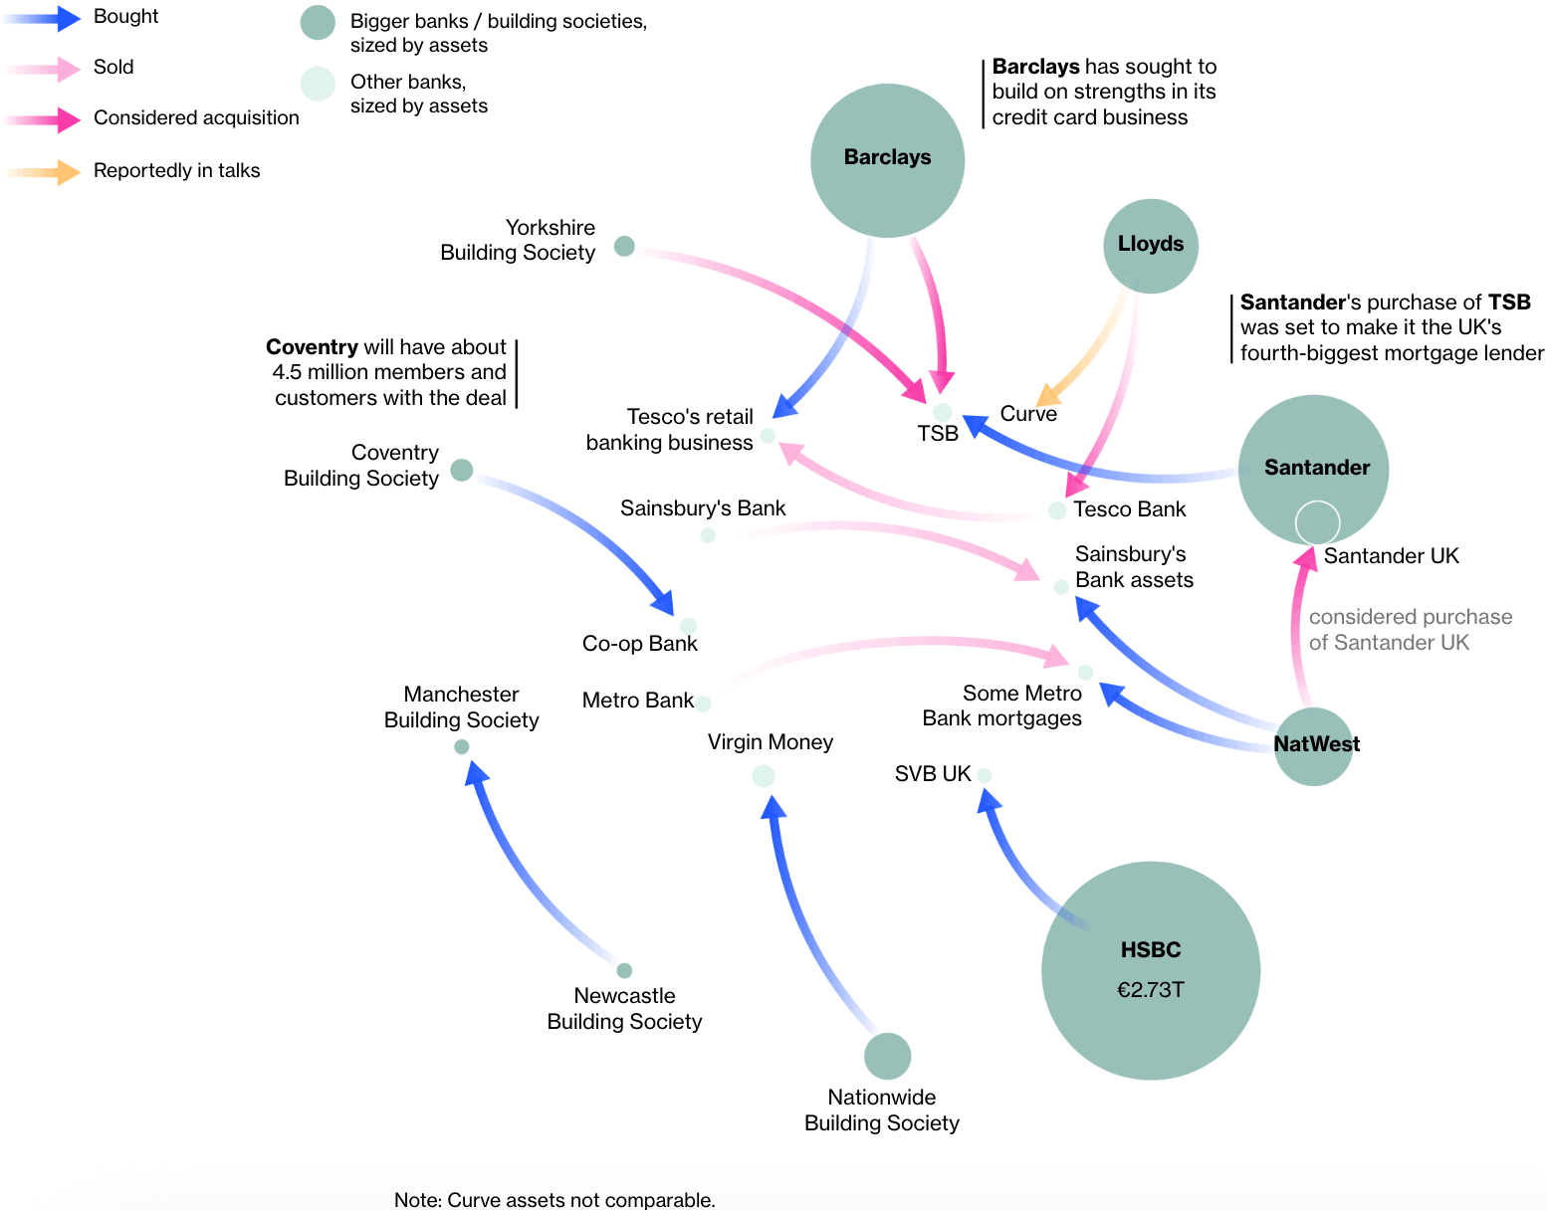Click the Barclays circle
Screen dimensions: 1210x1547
[x=887, y=160]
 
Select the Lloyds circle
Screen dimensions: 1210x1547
[x=1150, y=246]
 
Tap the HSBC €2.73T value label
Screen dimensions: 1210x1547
[x=1150, y=989]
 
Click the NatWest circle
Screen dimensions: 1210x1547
[x=1313, y=746]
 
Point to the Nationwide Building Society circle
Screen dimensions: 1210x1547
[x=887, y=1056]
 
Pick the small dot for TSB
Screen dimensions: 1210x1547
[x=942, y=412]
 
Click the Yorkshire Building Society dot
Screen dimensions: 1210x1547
[x=624, y=246]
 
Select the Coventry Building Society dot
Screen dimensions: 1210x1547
[x=461, y=470]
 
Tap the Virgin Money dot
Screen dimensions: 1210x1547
[x=764, y=776]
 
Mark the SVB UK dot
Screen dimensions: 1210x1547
[x=984, y=775]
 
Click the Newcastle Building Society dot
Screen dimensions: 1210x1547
[x=624, y=970]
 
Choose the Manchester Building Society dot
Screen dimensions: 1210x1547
[x=461, y=746]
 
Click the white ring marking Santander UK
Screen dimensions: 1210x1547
[x=1317, y=523]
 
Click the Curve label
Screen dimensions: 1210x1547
[x=1028, y=414]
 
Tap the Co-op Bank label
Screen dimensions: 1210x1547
[x=639, y=644]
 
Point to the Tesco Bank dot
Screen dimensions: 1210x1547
[x=1057, y=510]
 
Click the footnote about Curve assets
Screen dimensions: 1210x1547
[x=554, y=1200]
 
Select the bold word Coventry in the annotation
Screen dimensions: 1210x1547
[x=312, y=347]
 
